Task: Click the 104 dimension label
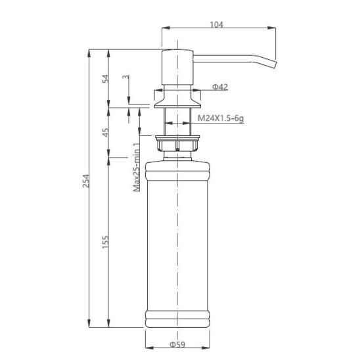[217, 24]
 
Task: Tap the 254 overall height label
[86, 181]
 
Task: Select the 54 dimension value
[105, 79]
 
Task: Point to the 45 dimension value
[105, 132]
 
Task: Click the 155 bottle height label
[105, 242]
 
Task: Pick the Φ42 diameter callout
[220, 87]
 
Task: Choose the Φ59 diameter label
[177, 344]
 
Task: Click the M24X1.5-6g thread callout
[221, 118]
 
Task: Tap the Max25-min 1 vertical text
[137, 167]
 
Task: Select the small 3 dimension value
[126, 77]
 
